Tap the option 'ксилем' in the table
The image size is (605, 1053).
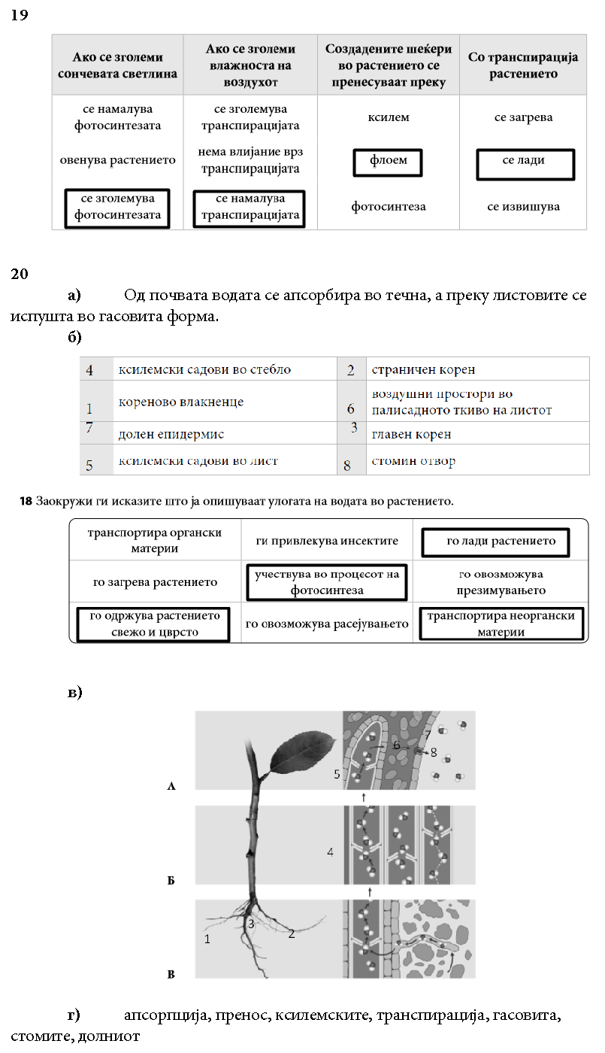[388, 118]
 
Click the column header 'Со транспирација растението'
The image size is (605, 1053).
[522, 65]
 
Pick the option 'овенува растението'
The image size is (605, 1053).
[117, 160]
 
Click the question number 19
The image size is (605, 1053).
[20, 15]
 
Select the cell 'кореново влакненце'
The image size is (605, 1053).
[181, 402]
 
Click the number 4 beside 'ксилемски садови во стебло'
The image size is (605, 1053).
[89, 371]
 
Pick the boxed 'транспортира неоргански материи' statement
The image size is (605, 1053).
[501, 624]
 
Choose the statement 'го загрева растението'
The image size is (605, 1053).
[155, 582]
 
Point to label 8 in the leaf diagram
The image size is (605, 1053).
[434, 751]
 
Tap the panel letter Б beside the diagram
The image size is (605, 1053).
[171, 879]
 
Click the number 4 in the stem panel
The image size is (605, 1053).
[330, 852]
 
